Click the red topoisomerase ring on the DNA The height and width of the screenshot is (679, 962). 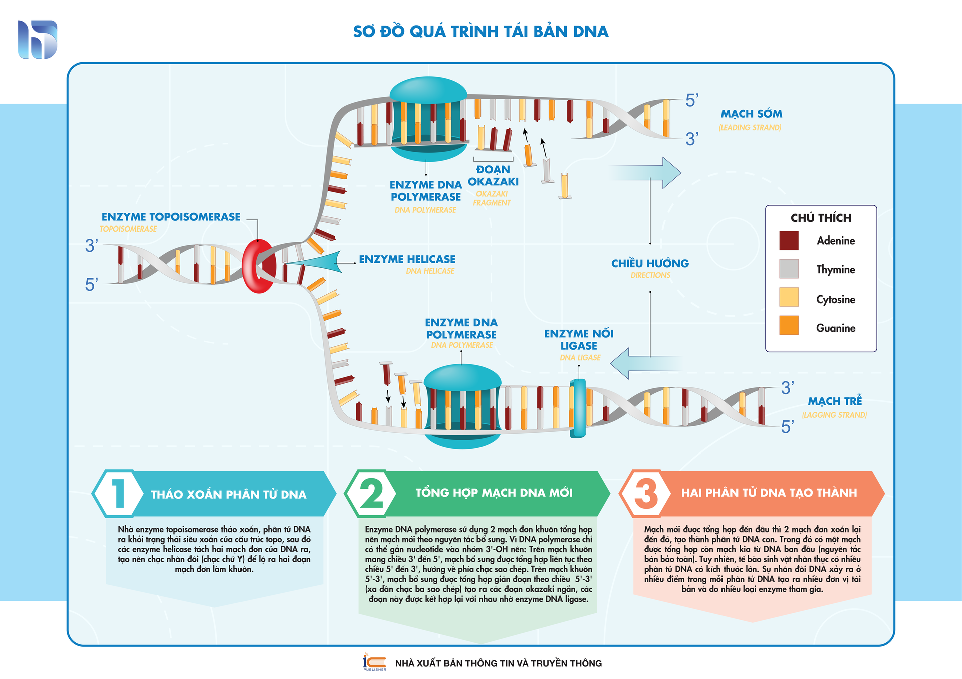(x=258, y=266)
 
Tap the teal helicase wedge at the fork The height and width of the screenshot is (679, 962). (x=321, y=262)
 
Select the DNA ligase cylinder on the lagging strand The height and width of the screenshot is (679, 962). (x=578, y=408)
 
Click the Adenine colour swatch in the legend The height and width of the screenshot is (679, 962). (x=789, y=241)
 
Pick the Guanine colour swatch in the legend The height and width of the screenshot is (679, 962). (x=789, y=325)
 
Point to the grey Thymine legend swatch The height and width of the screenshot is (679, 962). (x=789, y=269)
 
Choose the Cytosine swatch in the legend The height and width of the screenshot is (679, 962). (x=789, y=297)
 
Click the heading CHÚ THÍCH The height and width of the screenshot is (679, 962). (x=821, y=218)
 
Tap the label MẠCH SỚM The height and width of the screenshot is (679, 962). (x=751, y=114)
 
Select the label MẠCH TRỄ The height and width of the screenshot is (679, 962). (x=835, y=401)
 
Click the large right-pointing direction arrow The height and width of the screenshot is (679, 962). (x=646, y=173)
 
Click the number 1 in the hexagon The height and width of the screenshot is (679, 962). (x=118, y=494)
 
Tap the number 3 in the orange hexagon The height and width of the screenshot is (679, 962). (x=646, y=493)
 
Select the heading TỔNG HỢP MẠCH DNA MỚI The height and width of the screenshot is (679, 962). (x=494, y=493)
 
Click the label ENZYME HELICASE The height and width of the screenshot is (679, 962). (x=407, y=259)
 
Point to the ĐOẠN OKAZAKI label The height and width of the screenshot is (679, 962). (x=493, y=176)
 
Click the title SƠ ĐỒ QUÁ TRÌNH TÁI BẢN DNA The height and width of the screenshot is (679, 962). (x=480, y=31)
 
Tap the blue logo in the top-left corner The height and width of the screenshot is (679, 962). (x=38, y=40)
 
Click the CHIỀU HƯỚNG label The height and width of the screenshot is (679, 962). (x=650, y=263)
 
